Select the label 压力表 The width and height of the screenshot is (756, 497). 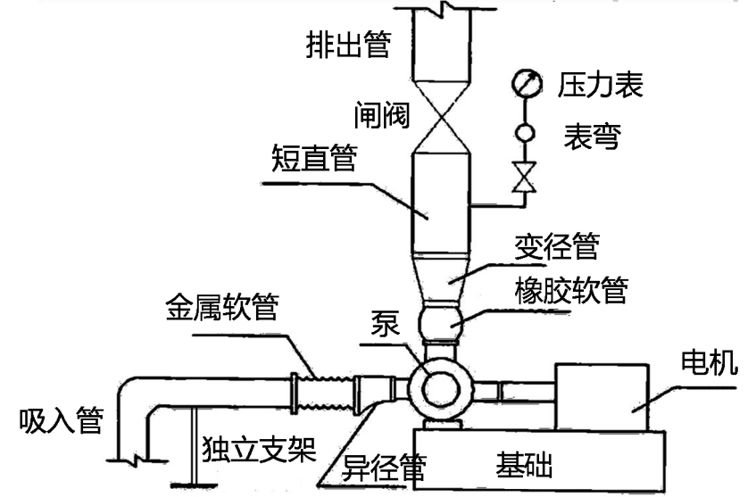(601, 86)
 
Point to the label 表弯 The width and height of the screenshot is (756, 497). (593, 137)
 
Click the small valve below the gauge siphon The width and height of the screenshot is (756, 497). (524, 178)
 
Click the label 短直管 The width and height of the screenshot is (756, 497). (313, 160)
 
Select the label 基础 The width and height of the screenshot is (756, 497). (524, 464)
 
